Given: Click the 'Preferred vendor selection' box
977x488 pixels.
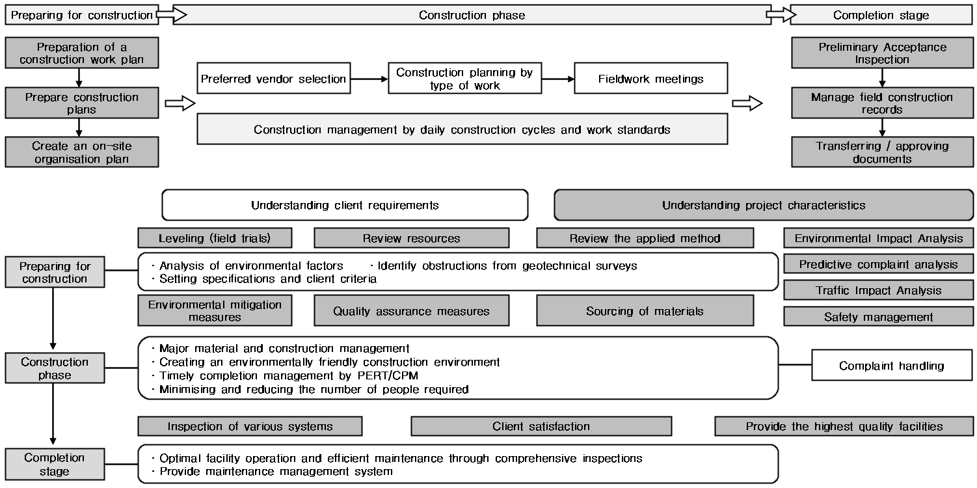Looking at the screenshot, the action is pos(273,78).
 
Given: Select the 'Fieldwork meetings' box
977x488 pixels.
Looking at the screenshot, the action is pos(650,78).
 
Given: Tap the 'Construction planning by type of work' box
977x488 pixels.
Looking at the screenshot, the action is pos(464,78).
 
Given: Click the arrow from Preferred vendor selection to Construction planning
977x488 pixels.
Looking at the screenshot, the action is pos(369,79).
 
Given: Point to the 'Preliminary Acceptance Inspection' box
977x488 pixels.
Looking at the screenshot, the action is pos(882,53).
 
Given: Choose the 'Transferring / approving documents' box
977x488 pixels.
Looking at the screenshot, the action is pos(882,152).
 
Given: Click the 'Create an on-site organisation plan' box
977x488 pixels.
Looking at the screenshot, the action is pos(82,152).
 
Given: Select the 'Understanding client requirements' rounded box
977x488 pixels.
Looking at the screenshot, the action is pos(345,205).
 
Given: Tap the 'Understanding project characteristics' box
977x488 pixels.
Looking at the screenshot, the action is pos(763,205).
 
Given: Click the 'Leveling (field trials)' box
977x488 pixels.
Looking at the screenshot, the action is pos(215,238).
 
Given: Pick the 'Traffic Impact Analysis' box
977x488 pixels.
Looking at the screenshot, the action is pos(878,290).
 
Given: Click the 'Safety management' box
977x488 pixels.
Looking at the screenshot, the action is pos(878,317).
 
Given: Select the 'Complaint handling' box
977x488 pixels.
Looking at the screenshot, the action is pos(892,366).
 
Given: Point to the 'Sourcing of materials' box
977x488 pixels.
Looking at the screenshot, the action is pos(645,310).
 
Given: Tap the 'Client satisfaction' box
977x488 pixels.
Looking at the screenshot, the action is pos(541,426).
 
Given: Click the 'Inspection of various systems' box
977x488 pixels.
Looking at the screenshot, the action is pos(250,426).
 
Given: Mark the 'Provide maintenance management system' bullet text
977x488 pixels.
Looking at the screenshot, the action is pos(276,472).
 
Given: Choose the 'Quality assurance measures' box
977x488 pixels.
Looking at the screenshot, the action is pos(411,310).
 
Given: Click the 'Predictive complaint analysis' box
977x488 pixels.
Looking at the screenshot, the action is pos(878,264).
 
